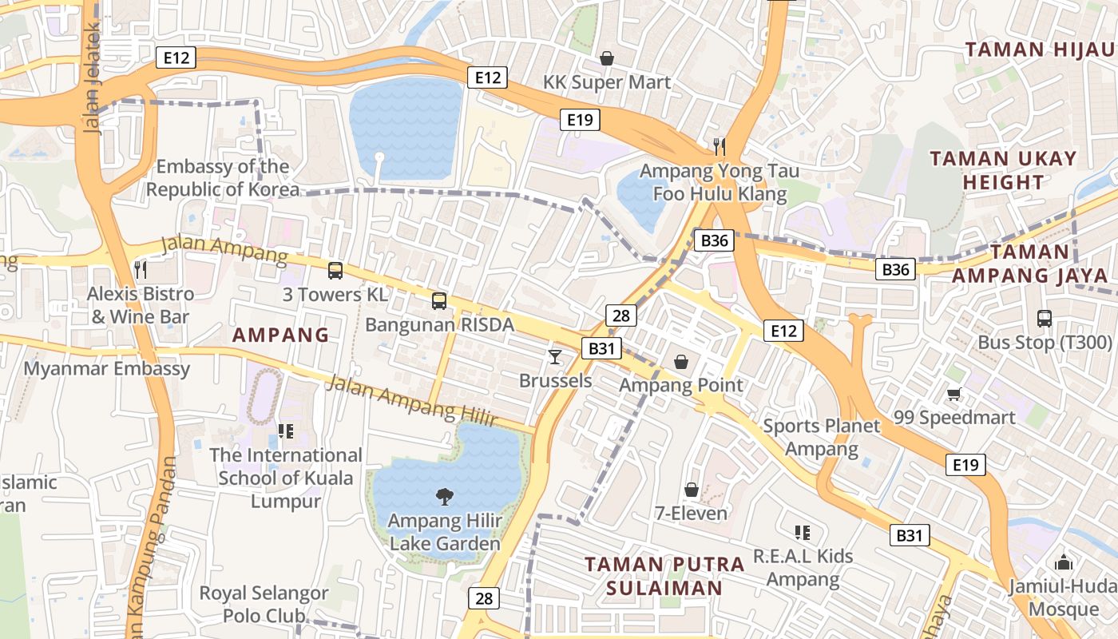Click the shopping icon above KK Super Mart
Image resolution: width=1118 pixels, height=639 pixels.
606,58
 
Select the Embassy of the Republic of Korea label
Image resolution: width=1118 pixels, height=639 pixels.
223,178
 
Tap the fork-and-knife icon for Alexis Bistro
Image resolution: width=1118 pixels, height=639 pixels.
141,269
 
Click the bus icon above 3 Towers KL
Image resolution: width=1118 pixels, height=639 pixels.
335,271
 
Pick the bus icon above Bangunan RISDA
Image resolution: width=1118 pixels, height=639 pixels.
438,301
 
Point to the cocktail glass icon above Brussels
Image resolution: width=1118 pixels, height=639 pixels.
555,356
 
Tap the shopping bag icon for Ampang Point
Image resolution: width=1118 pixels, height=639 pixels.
681,362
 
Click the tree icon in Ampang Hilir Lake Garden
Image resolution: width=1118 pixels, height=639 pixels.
444,498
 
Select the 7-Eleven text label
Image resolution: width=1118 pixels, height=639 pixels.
691,513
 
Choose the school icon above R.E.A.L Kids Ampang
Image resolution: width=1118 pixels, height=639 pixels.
803,533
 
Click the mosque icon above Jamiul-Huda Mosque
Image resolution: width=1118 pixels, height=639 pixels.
1062,562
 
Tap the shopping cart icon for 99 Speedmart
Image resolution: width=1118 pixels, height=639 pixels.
953,394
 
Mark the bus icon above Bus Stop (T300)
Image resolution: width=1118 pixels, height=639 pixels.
1044,319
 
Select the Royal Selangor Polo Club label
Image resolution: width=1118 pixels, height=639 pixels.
264,605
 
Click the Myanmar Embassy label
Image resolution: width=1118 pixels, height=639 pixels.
107,368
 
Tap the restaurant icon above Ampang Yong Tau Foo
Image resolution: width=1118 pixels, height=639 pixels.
719,145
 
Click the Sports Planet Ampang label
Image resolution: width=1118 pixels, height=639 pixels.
821,437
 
